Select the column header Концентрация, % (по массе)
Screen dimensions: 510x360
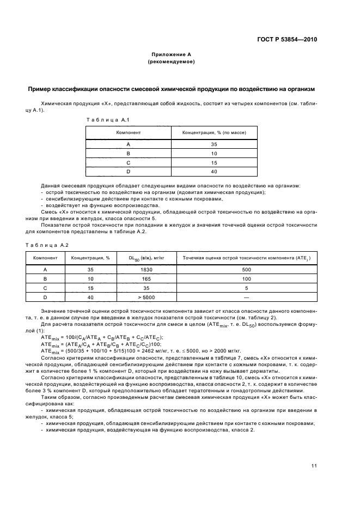click(214, 132)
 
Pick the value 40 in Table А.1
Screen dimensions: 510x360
click(214, 172)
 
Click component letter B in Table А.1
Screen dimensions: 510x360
click(128, 154)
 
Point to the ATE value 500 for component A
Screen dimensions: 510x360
click(247, 269)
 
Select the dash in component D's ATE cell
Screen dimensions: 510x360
click(247, 297)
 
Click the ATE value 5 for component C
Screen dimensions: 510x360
click(247, 288)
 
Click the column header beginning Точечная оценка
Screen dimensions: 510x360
click(247, 258)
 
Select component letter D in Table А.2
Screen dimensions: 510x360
click(45, 297)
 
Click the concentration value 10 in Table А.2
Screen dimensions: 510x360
click(90, 278)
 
